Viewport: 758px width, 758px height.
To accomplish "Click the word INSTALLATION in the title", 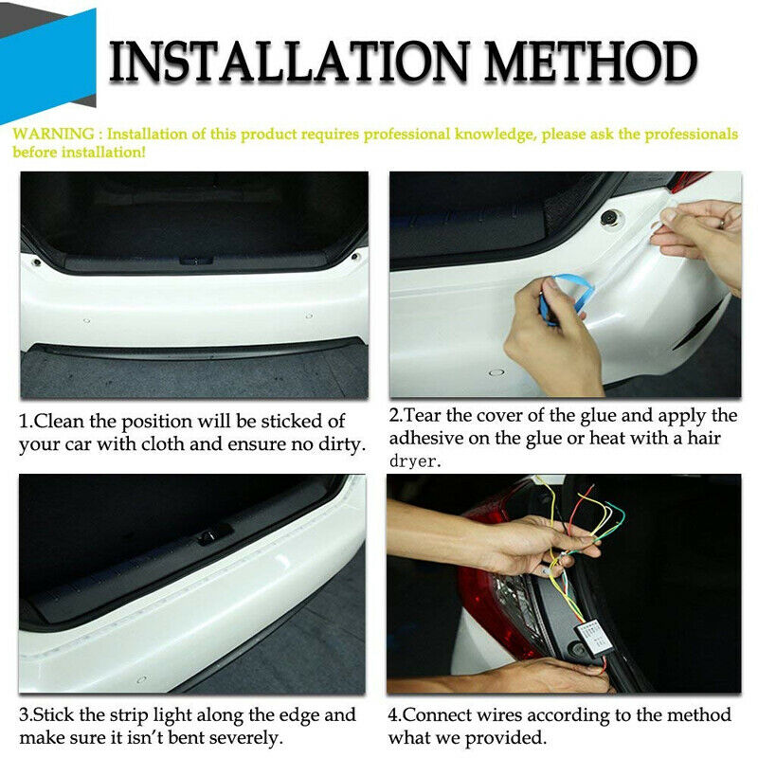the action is pos(290,61).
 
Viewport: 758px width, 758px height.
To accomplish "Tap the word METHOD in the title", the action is pos(590,61).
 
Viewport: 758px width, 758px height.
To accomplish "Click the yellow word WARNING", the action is pos(53,134).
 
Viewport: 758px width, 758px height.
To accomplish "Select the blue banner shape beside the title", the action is pos(48,66).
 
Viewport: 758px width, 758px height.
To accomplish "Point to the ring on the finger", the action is pos(722,223).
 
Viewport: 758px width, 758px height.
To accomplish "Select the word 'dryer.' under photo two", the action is pos(415,460).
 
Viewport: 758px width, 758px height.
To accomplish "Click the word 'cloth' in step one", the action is pos(162,443).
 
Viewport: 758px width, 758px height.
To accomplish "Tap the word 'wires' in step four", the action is pos(499,715).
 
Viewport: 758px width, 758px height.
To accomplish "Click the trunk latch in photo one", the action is pos(196,262).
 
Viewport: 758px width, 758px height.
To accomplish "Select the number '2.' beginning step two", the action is pos(396,415).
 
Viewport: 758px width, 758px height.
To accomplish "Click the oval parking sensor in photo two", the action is pos(496,372).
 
